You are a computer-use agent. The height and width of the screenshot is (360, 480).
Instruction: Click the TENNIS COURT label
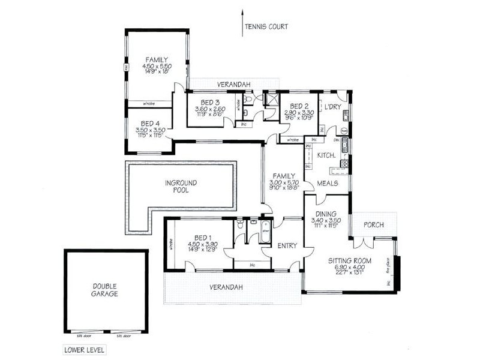click(x=266, y=26)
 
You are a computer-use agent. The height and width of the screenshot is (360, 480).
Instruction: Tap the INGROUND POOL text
click(x=181, y=186)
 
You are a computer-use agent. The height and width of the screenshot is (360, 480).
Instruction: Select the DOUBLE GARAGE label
click(x=105, y=290)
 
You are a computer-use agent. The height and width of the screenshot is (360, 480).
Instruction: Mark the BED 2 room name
click(x=299, y=105)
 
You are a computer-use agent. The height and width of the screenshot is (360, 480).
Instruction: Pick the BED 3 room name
click(x=210, y=102)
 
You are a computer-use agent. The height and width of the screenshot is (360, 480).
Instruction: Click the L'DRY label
click(x=332, y=107)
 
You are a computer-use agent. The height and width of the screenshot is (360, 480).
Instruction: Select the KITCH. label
click(x=325, y=155)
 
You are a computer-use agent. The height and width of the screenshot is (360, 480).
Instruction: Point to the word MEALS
click(x=328, y=183)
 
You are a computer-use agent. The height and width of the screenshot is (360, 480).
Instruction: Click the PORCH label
click(x=374, y=225)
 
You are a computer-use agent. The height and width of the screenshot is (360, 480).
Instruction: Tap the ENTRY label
click(x=286, y=245)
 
